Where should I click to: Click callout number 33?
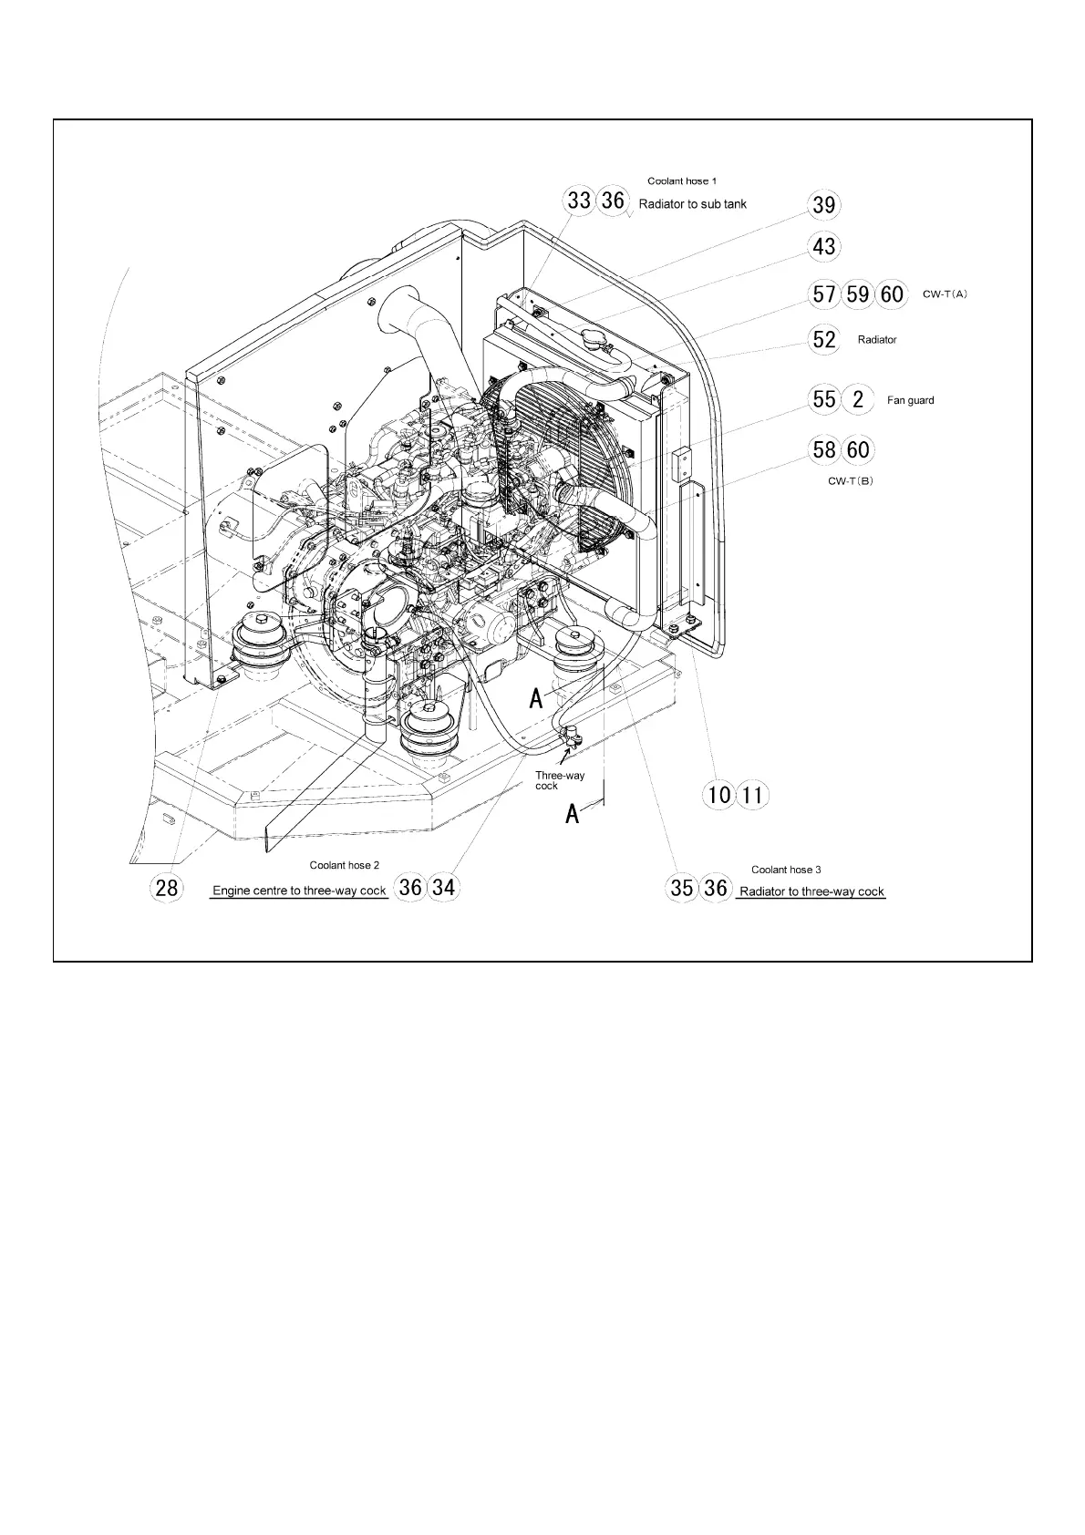pyautogui.click(x=580, y=201)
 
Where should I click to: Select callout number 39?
pyautogui.click(x=823, y=205)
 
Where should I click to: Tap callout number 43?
pyautogui.click(x=823, y=247)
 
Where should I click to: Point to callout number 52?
pyautogui.click(x=823, y=339)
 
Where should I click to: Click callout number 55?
pyautogui.click(x=823, y=399)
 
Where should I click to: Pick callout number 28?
pyautogui.click(x=167, y=887)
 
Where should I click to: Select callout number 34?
pyautogui.click(x=443, y=887)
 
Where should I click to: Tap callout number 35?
pyautogui.click(x=682, y=888)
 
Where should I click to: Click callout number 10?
pyautogui.click(x=719, y=795)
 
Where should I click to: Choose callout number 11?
pyautogui.click(x=752, y=795)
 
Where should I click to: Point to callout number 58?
pyautogui.click(x=823, y=449)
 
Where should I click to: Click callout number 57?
pyautogui.click(x=823, y=294)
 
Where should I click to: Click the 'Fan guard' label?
pyautogui.click(x=910, y=400)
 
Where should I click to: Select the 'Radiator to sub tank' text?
pyautogui.click(x=692, y=204)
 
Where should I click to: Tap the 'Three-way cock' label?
pyautogui.click(x=559, y=780)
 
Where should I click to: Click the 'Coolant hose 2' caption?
pyautogui.click(x=344, y=865)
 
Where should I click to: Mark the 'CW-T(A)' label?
pyautogui.click(x=945, y=294)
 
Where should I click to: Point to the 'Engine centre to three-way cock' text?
pyautogui.click(x=299, y=891)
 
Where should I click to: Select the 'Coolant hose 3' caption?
pyautogui.click(x=786, y=870)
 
